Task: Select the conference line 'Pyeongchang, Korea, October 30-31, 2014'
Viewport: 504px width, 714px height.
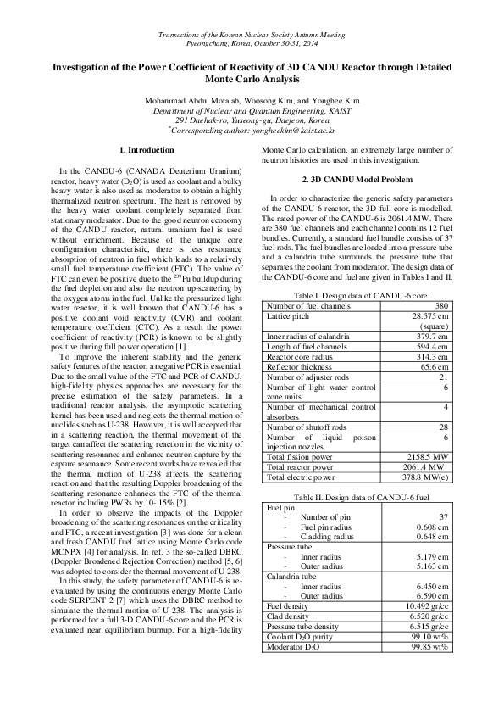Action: [252, 41]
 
